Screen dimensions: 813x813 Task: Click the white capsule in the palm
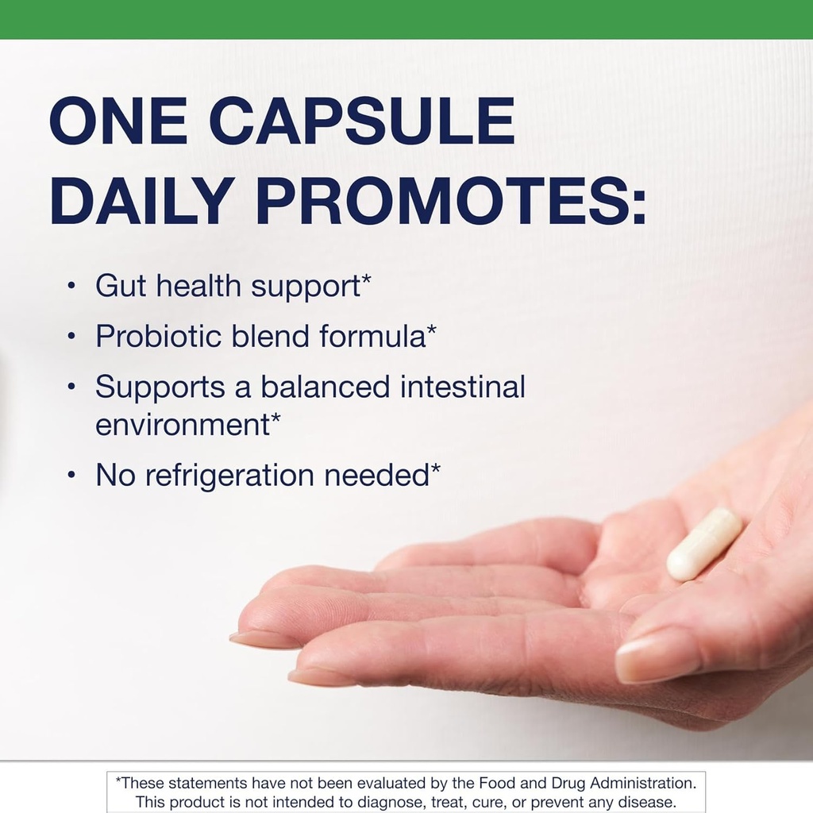point(703,544)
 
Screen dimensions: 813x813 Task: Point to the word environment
point(182,425)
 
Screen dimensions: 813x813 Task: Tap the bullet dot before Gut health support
point(71,286)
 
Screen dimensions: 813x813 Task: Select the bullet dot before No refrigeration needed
point(71,476)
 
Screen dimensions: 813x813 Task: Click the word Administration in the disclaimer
point(641,784)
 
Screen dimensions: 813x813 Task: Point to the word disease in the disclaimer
point(645,802)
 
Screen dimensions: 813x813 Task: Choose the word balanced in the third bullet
point(326,387)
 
